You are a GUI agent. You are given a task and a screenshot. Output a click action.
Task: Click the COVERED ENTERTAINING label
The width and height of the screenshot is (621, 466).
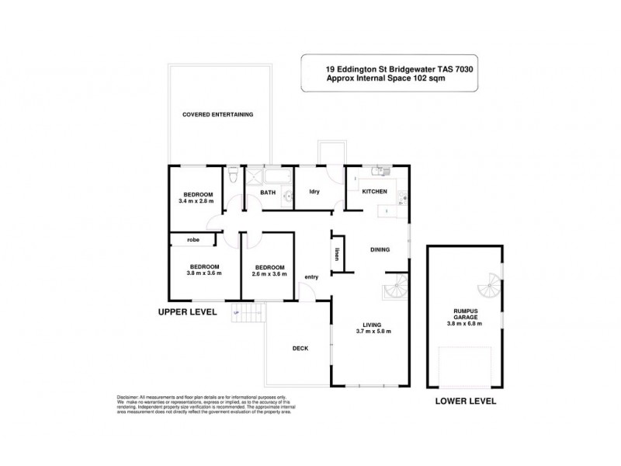217,114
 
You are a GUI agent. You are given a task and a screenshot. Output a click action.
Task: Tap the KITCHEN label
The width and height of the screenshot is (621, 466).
373,191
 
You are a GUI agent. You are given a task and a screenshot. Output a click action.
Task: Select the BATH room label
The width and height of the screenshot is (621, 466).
268,192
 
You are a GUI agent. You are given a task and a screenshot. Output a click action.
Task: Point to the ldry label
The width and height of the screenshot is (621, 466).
314,192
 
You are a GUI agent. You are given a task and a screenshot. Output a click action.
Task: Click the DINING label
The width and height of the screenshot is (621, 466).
380,249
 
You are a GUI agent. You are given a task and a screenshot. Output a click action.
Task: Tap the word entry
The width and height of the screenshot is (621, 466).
311,276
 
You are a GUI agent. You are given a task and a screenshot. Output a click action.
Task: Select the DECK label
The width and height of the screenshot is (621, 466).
300,348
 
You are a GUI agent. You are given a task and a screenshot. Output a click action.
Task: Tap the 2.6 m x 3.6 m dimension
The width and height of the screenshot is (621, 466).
269,273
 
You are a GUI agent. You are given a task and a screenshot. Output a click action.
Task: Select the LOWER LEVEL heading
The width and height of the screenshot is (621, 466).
466,402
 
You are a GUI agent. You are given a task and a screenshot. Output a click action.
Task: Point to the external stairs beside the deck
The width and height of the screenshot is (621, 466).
250,315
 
